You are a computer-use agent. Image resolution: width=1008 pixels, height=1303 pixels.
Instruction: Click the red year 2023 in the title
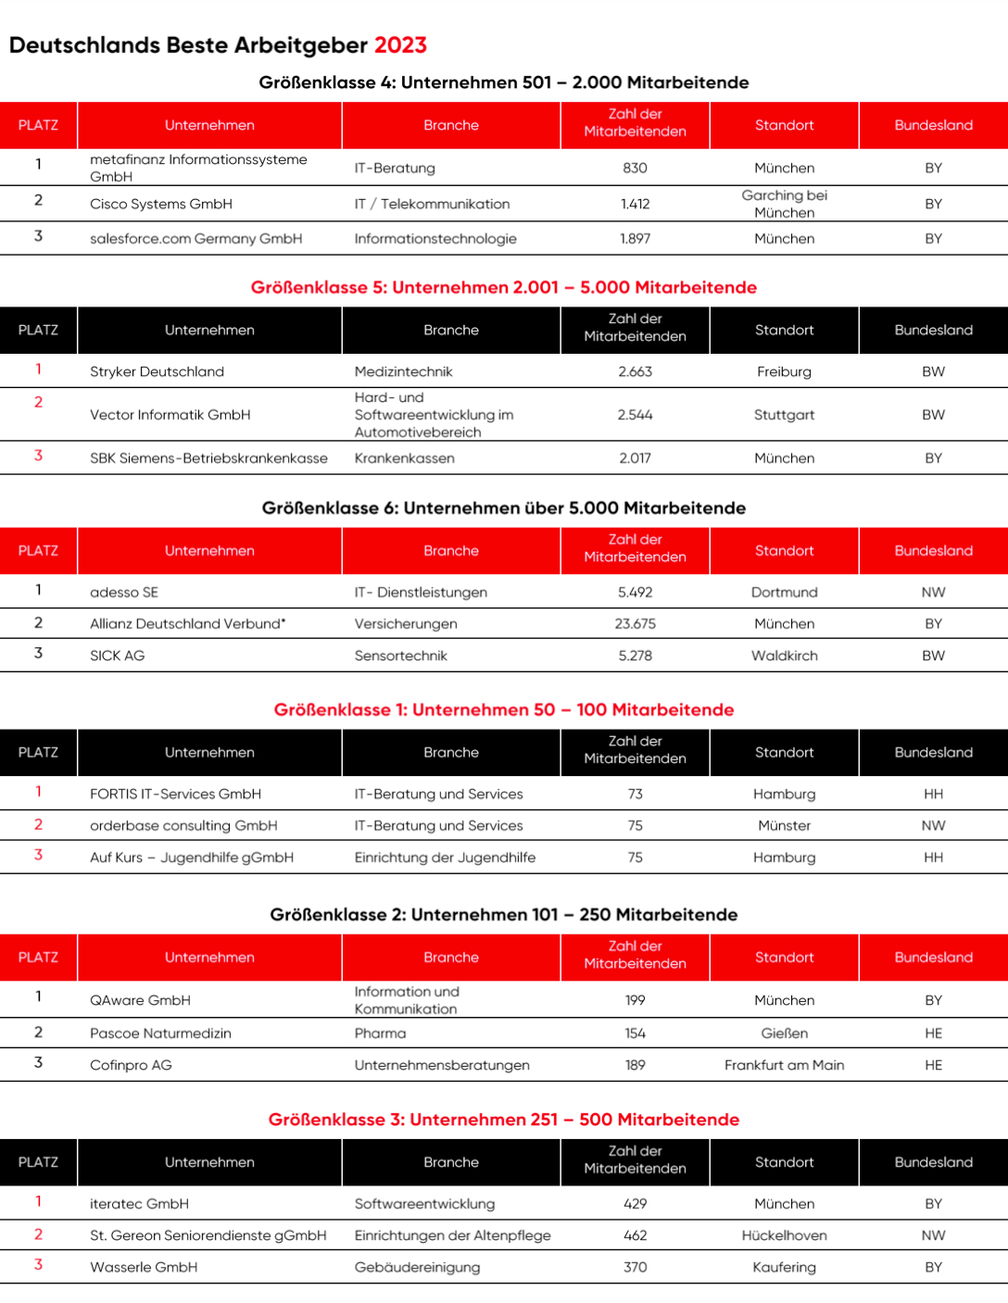point(400,45)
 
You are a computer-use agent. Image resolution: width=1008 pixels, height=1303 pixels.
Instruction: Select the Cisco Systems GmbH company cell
point(161,204)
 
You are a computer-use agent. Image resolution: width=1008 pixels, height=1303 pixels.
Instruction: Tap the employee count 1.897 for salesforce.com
point(635,239)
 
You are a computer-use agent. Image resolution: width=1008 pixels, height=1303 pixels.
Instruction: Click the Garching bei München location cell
point(784,204)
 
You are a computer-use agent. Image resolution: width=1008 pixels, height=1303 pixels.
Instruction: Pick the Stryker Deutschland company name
point(157,371)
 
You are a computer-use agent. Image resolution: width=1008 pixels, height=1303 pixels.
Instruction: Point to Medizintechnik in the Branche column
point(403,371)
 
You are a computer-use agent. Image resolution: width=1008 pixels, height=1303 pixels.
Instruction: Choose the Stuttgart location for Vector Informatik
point(784,415)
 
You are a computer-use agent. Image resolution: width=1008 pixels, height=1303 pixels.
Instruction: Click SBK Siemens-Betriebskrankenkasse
point(208,458)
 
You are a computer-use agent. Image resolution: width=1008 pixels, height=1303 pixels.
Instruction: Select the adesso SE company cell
point(124,593)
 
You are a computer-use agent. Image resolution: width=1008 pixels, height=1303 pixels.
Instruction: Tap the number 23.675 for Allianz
point(635,624)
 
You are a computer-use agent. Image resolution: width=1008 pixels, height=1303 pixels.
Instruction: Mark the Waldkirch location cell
point(784,656)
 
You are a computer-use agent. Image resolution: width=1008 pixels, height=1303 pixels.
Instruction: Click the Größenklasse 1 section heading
point(503,710)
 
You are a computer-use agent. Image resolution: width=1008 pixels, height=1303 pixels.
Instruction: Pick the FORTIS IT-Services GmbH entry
point(175,795)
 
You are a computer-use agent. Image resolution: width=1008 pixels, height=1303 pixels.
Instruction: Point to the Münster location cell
point(784,826)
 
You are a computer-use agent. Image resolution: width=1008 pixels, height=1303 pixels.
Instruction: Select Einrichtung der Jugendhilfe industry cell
point(445,858)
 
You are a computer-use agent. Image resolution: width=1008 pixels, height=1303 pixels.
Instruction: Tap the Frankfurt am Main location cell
point(784,1065)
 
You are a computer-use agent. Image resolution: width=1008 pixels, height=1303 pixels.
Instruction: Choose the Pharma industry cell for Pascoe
point(380,1034)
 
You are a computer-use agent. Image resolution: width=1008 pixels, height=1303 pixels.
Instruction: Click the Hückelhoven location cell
point(784,1235)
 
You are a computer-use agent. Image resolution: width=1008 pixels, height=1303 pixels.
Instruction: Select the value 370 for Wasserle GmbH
point(635,1267)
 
